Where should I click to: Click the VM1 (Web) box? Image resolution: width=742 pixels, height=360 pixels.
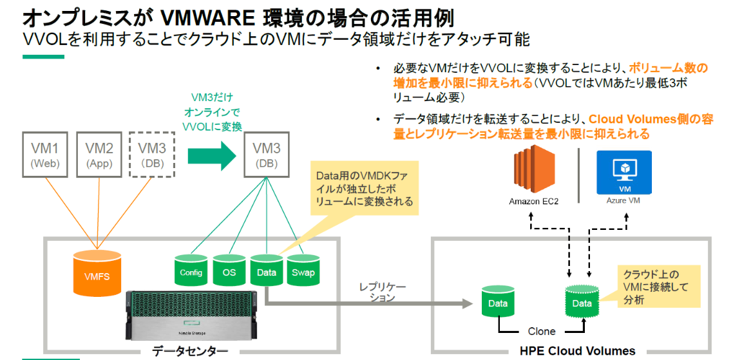45,155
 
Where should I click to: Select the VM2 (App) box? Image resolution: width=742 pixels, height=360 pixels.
99,155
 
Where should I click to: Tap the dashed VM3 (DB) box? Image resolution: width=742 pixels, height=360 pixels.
153,155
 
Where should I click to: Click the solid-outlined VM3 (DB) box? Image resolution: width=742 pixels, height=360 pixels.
266,155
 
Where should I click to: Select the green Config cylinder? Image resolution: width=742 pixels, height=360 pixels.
191,270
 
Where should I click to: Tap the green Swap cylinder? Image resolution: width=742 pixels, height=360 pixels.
303,270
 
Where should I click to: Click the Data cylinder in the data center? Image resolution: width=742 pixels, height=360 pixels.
266,270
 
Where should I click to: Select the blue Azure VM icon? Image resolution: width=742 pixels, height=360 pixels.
624,172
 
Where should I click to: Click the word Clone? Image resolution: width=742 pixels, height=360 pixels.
541,331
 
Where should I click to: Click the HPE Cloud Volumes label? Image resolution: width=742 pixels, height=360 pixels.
577,351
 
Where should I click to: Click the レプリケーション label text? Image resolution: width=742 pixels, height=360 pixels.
383,292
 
